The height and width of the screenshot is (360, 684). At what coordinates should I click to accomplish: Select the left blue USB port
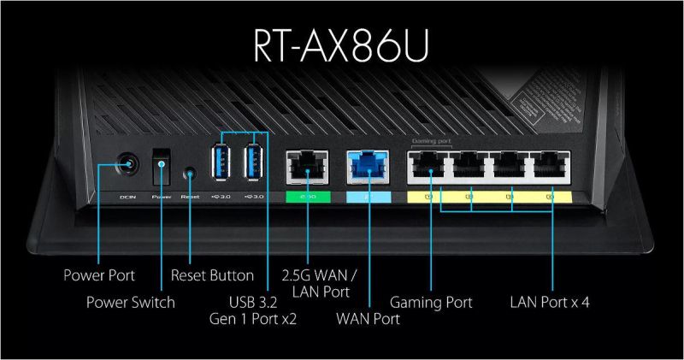click(220, 163)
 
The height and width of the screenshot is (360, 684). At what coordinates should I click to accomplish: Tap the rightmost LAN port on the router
click(551, 167)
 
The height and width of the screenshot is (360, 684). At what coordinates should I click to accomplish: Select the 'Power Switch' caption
click(131, 302)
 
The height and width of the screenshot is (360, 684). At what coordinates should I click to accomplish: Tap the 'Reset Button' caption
click(212, 276)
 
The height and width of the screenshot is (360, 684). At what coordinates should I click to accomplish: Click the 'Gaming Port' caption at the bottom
click(432, 302)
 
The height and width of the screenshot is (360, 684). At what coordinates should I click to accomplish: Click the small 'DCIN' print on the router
click(127, 196)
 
